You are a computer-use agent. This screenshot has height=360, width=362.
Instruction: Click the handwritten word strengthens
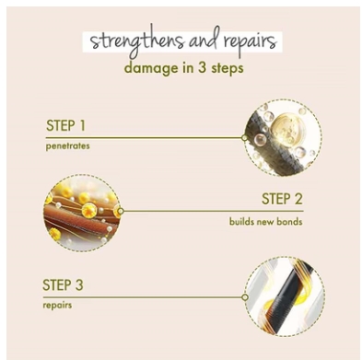137,42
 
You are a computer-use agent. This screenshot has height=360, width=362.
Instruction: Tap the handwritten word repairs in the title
249,43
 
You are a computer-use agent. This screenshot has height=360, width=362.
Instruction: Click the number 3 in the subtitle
202,67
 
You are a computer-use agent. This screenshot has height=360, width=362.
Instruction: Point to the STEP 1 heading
65,125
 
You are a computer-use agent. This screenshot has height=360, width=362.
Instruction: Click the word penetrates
67,145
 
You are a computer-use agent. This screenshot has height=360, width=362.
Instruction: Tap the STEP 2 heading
282,199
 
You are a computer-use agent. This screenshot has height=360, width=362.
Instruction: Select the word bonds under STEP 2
289,221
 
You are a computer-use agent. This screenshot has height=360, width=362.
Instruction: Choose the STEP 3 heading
63,285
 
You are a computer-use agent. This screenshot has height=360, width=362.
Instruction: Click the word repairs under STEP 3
57,306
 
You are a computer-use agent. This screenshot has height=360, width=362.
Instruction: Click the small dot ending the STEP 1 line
244,138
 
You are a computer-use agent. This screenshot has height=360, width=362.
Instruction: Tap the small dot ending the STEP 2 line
121,211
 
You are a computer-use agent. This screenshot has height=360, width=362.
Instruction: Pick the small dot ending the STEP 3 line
245,297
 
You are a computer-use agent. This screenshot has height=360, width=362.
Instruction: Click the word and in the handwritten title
203,39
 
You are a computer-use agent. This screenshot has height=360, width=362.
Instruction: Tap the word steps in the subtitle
227,69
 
